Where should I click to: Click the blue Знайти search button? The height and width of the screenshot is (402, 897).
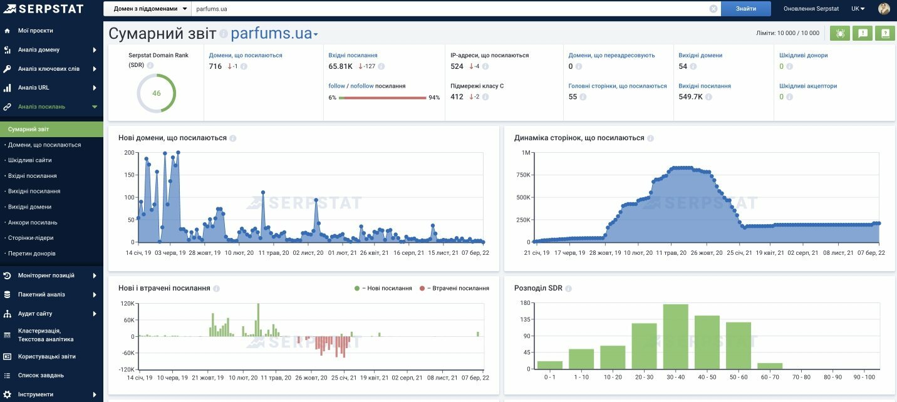pos(745,8)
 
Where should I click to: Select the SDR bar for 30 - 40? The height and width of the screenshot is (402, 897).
pos(675,336)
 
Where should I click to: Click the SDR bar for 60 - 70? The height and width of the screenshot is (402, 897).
pos(770,366)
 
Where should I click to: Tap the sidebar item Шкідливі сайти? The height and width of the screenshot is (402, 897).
pos(29,160)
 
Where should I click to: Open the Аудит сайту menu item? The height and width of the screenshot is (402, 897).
pos(35,314)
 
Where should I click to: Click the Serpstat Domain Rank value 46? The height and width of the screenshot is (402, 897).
pos(156,93)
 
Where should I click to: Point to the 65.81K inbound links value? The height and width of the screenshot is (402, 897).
pos(340,66)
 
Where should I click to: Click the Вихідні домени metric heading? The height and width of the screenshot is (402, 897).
pos(700,55)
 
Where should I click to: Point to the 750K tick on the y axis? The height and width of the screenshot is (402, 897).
pos(523,175)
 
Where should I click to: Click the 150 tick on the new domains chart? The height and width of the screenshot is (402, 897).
pos(129,175)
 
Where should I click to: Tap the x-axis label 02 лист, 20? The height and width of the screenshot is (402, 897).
pos(308,253)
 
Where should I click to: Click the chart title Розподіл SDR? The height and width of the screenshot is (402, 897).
pos(538,288)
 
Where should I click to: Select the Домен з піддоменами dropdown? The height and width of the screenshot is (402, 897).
pos(147,8)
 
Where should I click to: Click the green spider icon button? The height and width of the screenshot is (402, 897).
pos(840,33)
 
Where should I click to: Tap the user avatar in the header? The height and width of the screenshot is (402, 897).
pos(884,8)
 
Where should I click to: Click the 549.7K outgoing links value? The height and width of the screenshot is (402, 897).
pos(690,97)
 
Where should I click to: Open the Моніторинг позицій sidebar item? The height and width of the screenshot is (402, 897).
pos(46,276)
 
